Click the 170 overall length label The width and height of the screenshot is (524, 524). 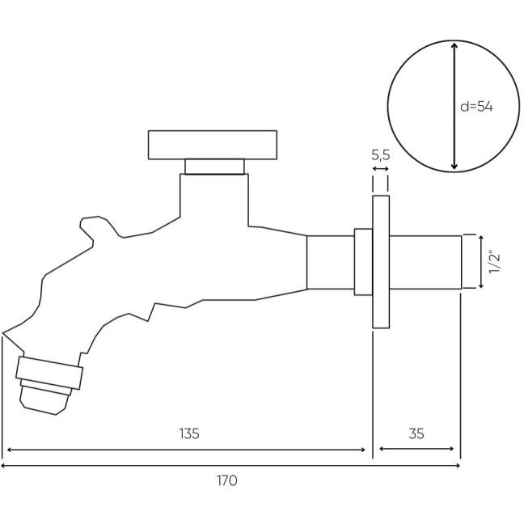tap(227, 480)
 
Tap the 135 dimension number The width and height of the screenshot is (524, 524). tap(189, 433)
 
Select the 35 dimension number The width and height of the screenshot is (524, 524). tap(416, 433)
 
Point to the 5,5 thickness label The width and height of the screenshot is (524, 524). tap(381, 155)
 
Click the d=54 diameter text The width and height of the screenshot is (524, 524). tap(476, 107)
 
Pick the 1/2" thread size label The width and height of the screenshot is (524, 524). tap(494, 262)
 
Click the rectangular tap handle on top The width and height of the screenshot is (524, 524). tap(213, 145)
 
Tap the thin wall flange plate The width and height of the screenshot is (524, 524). tap(381, 262)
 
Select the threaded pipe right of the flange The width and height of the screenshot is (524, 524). tap(425, 262)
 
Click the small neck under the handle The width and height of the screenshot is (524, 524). tap(214, 167)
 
